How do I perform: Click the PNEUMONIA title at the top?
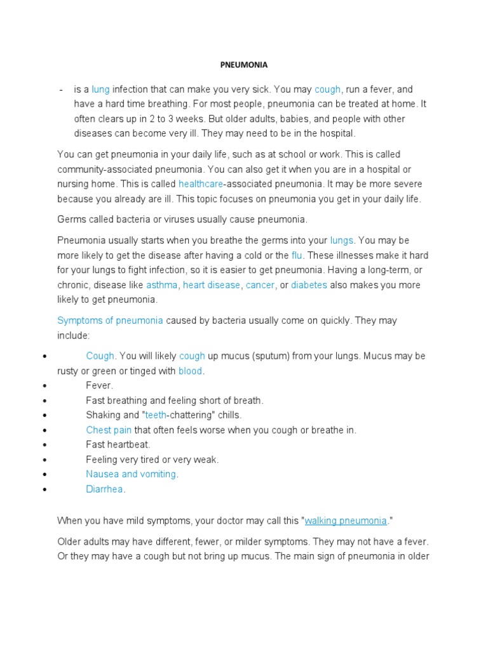(244, 65)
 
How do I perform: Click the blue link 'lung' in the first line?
(101, 90)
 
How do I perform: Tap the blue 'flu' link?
(297, 255)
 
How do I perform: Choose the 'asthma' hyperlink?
(162, 285)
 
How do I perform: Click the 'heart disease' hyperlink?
(212, 285)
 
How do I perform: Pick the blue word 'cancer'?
(260, 285)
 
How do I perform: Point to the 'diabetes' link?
(309, 285)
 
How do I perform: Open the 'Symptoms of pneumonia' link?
(110, 321)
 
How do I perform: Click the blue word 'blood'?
(190, 371)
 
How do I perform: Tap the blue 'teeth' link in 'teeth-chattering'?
(156, 415)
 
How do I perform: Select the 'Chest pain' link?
(109, 430)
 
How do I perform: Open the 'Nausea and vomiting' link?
(132, 474)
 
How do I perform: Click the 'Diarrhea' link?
(105, 489)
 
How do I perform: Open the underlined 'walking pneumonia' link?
(346, 521)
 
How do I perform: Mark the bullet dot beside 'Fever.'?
(44, 386)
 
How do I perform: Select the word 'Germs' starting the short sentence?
(71, 220)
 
